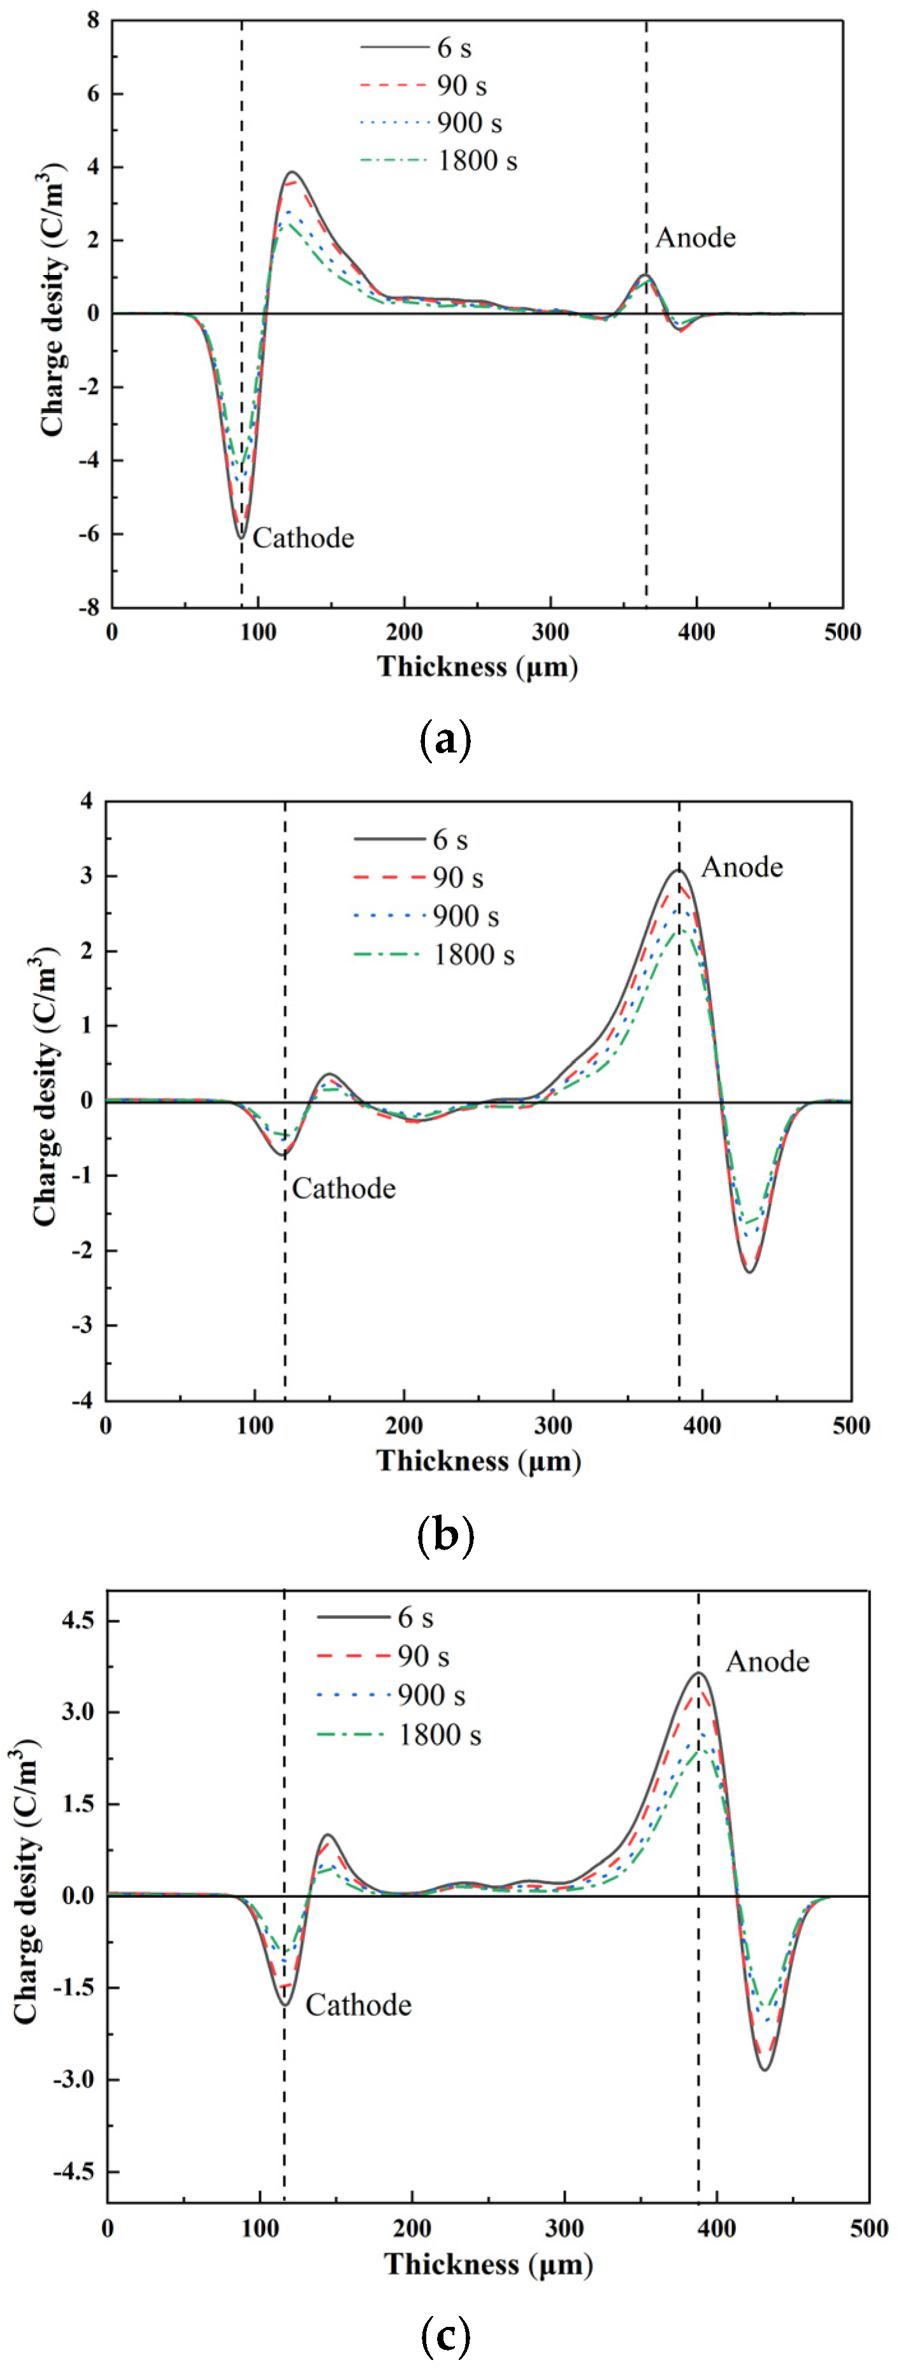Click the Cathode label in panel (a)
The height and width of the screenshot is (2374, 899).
[303, 537]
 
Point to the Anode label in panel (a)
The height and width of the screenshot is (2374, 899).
[695, 237]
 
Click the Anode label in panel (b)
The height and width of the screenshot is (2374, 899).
[742, 867]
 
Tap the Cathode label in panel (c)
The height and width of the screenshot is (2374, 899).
[358, 2005]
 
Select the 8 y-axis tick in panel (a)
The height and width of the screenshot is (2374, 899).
[92, 20]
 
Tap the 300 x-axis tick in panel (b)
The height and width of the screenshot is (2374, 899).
[553, 1425]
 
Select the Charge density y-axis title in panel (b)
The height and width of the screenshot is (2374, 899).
[43, 1087]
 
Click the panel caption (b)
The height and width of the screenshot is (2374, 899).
[445, 1534]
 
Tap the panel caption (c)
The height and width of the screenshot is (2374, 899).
[445, 2335]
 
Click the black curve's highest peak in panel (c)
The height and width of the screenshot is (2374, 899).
[699, 1672]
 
